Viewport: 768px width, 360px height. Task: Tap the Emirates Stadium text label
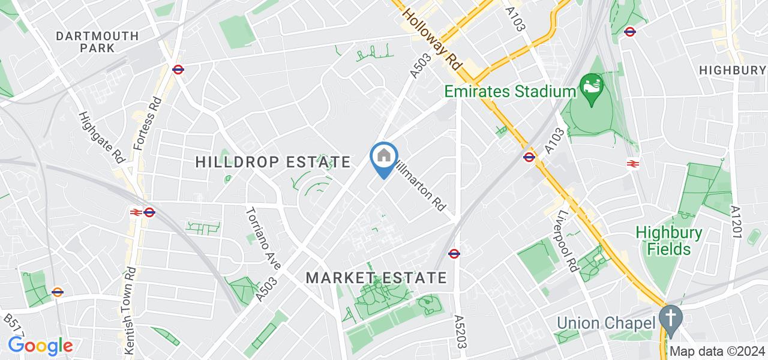click(510, 92)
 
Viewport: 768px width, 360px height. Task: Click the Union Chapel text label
click(605, 323)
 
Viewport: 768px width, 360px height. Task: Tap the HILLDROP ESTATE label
click(273, 162)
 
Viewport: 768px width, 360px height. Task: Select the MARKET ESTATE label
click(376, 278)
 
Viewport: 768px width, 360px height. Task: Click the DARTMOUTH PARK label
click(97, 41)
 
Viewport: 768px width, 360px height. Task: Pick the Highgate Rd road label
click(101, 137)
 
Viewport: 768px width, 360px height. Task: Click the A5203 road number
click(461, 332)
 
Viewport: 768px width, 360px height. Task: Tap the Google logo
click(40, 346)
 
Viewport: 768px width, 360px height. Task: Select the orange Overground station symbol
click(58, 292)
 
